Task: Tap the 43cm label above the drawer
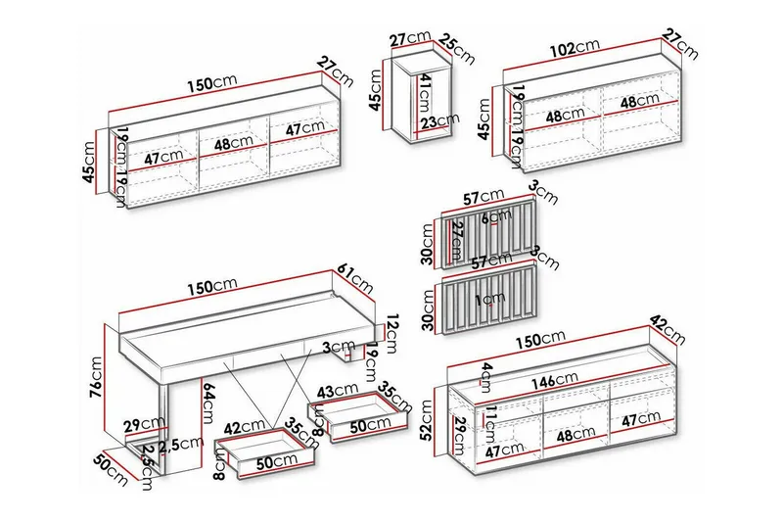(342, 389)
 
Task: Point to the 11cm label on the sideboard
(491, 416)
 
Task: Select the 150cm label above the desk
(212, 285)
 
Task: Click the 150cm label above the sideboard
(542, 337)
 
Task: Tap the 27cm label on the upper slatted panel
(456, 237)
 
